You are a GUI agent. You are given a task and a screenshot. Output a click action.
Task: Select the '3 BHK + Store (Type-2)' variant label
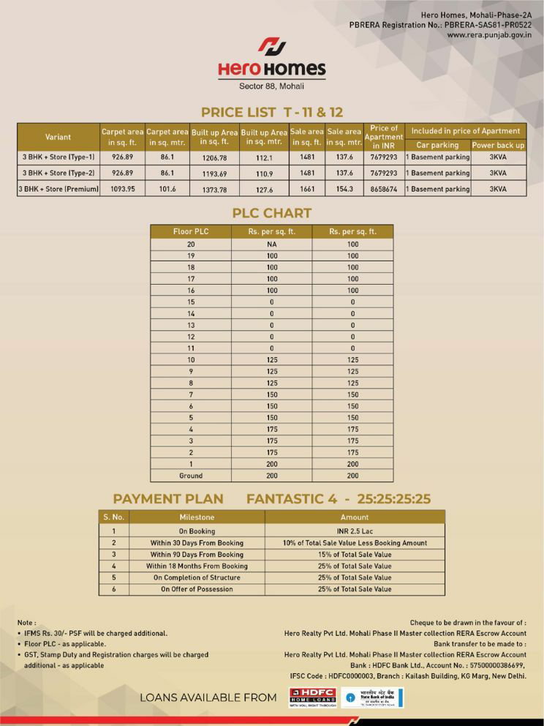coord(58,173)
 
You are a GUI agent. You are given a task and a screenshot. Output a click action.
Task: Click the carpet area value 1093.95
coord(122,189)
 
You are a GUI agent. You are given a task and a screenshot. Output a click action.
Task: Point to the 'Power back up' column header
coord(498,145)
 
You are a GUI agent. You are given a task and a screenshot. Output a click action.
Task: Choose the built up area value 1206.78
coord(214,157)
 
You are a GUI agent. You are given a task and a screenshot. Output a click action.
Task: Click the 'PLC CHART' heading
coord(271,213)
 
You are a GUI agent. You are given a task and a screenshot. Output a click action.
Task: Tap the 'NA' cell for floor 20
coord(271,244)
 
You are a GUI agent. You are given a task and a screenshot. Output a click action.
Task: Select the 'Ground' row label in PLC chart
coord(191,476)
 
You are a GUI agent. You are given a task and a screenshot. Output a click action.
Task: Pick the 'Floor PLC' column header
coord(191,231)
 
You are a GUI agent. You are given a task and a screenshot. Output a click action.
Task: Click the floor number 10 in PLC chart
coord(191,359)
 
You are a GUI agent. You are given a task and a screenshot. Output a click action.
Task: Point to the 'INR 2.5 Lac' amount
coord(355,531)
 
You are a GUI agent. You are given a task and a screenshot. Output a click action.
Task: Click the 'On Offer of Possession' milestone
coord(197,589)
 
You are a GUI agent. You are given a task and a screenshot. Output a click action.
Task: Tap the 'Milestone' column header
coord(197,517)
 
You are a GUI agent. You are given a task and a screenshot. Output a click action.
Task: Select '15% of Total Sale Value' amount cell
coord(355,555)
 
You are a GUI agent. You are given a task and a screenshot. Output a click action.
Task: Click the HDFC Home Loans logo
coord(312,697)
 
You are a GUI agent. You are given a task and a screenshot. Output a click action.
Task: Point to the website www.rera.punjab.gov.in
coord(488,34)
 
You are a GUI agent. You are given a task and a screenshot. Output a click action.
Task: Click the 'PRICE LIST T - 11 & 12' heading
coord(271,112)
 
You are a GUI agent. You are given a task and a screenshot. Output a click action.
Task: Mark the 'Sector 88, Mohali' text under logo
coord(271,86)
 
